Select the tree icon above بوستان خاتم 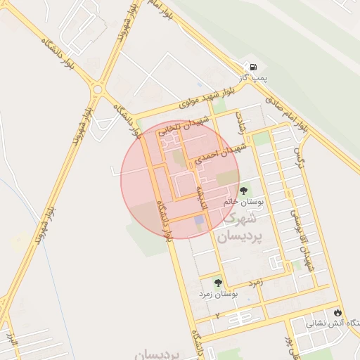point(244,191)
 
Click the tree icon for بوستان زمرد point(218,282)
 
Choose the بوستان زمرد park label point(218,293)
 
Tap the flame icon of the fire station point(340,312)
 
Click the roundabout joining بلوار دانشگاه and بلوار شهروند point(97,90)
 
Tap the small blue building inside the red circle point(200,221)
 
